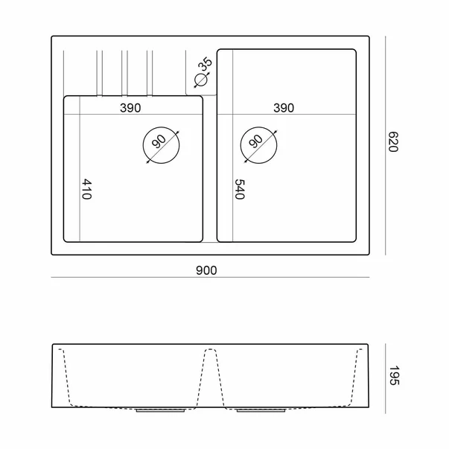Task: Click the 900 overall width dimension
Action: pyautogui.click(x=206, y=270)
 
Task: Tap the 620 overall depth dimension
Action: pyautogui.click(x=393, y=141)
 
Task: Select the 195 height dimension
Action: pyautogui.click(x=394, y=375)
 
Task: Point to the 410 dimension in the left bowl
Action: pyautogui.click(x=87, y=189)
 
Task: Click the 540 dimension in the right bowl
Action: pyautogui.click(x=240, y=189)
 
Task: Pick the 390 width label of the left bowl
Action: pyautogui.click(x=130, y=108)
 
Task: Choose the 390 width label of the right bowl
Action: pyautogui.click(x=284, y=108)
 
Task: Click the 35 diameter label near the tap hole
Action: pyautogui.click(x=205, y=65)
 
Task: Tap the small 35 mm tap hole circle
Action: pyautogui.click(x=200, y=80)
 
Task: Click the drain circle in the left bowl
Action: pyautogui.click(x=162, y=127)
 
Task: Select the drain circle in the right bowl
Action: pyautogui.click(x=259, y=127)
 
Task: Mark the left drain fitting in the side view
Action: pyautogui.click(x=160, y=410)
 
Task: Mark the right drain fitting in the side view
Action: pyautogui.click(x=261, y=410)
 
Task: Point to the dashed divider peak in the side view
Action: pyautogui.click(x=211, y=349)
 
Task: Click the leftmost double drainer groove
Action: pyautogui.click(x=99, y=74)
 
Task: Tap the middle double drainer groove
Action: pyautogui.click(x=124, y=74)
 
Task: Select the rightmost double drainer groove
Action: pyautogui.click(x=150, y=74)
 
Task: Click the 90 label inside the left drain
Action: pyautogui.click(x=159, y=141)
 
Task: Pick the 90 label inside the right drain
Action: pyautogui.click(x=255, y=141)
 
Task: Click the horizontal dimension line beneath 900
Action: pyautogui.click(x=210, y=277)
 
